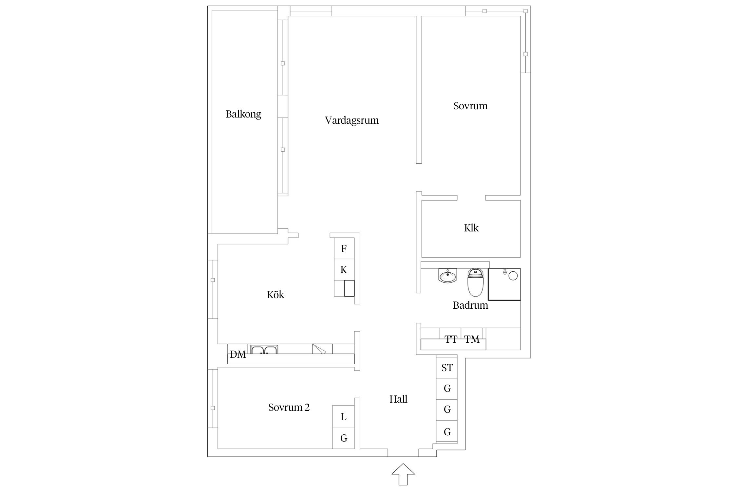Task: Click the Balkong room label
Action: (x=243, y=114)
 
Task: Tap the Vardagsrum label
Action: (x=352, y=120)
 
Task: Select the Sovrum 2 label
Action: (x=289, y=407)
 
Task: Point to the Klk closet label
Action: (x=471, y=228)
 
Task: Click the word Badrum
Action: (x=470, y=305)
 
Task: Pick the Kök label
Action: (x=275, y=295)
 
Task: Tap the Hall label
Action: (x=398, y=399)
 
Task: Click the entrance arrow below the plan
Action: (x=403, y=474)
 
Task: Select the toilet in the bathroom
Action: (x=475, y=282)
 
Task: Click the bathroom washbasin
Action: (x=447, y=276)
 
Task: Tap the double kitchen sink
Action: (x=264, y=350)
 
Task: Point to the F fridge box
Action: (x=344, y=248)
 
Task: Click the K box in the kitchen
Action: (x=344, y=270)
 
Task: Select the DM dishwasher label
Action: (x=238, y=355)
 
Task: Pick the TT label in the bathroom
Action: (x=451, y=339)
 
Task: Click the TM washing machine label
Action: (x=472, y=339)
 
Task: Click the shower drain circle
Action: (x=513, y=276)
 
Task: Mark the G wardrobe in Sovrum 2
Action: (x=343, y=438)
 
